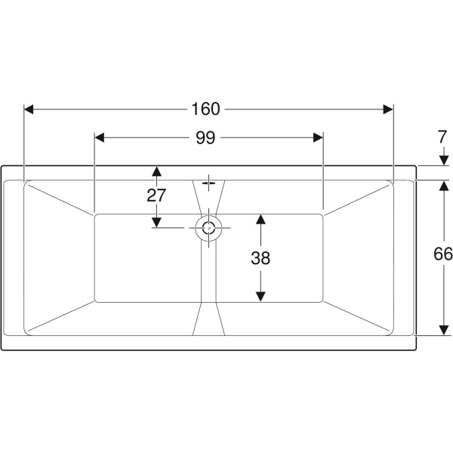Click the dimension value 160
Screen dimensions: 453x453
pyautogui.click(x=205, y=109)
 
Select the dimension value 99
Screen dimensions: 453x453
pyautogui.click(x=205, y=137)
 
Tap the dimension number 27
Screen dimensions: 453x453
pyautogui.click(x=156, y=196)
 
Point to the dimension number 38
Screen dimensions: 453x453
pyautogui.click(x=260, y=258)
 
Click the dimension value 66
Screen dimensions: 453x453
pyautogui.click(x=443, y=254)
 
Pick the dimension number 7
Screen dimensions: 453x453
pyautogui.click(x=442, y=137)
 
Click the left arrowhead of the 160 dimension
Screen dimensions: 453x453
pyautogui.click(x=29, y=109)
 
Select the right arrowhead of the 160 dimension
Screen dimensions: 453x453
pyautogui.click(x=388, y=109)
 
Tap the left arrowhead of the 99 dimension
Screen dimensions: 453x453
pyautogui.click(x=100, y=138)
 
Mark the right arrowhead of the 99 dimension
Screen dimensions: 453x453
pyautogui.click(x=318, y=138)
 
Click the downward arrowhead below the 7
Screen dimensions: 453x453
pyautogui.click(x=444, y=160)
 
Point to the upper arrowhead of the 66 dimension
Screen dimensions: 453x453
pyautogui.click(x=444, y=186)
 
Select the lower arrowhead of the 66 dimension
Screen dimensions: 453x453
pyautogui.click(x=444, y=330)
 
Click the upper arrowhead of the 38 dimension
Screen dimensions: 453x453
pyautogui.click(x=260, y=219)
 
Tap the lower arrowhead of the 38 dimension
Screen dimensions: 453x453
pyautogui.click(x=260, y=297)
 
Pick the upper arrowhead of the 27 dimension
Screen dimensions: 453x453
pyautogui.click(x=156, y=171)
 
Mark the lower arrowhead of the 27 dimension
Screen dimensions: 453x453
pyautogui.click(x=156, y=223)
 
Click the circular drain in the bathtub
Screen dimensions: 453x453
pyautogui.click(x=208, y=228)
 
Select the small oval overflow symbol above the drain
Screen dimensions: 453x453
pyautogui.click(x=208, y=183)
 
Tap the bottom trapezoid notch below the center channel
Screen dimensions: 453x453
pyautogui.click(x=208, y=319)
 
